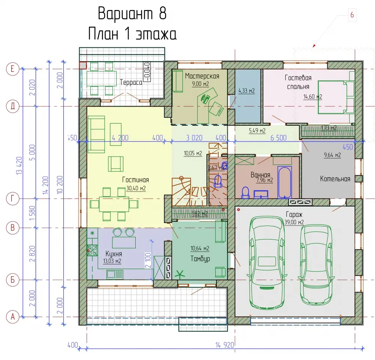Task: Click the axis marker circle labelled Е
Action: (x=12, y=69)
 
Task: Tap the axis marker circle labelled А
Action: (x=12, y=317)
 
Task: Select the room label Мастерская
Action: (x=202, y=76)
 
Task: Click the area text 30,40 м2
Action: (x=136, y=188)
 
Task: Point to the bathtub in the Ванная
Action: (x=285, y=182)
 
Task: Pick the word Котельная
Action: (x=335, y=179)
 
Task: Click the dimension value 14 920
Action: (x=225, y=345)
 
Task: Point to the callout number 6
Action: (x=352, y=15)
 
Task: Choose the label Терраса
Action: (x=131, y=82)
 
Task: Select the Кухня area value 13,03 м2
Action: (x=112, y=261)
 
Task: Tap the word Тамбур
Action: (x=200, y=259)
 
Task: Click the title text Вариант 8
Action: (x=132, y=14)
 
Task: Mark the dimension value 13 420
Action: (x=19, y=166)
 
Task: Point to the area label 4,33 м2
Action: (x=247, y=91)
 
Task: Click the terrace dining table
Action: (x=101, y=78)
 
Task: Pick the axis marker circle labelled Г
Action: (x=12, y=199)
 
